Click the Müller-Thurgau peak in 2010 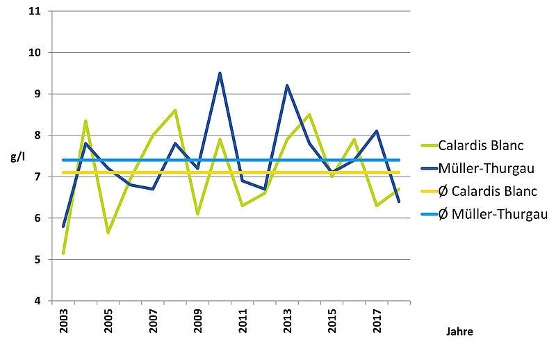(x=220, y=73)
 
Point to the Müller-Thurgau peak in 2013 (x=287, y=85)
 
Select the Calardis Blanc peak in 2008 (x=175, y=110)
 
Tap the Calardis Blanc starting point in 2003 (x=63, y=253)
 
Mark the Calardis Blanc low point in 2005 (x=108, y=232)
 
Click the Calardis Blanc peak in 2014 (x=309, y=115)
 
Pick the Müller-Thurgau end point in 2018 (x=399, y=202)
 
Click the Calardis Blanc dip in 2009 (x=197, y=214)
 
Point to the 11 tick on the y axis (x=35, y=12)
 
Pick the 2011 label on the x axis (x=243, y=324)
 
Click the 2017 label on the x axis (x=377, y=324)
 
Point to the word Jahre (x=459, y=332)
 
